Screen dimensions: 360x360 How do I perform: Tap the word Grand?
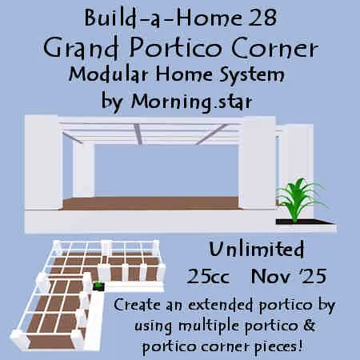(81, 48)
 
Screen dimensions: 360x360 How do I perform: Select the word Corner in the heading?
(274, 48)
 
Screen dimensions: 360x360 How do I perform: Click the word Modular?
(108, 74)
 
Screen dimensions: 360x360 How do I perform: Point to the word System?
(251, 75)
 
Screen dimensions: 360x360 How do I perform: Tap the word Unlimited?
(257, 249)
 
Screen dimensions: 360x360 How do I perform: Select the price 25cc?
(208, 276)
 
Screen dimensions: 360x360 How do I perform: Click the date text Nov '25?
(289, 276)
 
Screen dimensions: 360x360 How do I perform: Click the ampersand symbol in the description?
(309, 325)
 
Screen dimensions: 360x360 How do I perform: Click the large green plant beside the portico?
(301, 198)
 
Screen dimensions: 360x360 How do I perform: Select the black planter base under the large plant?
(304, 222)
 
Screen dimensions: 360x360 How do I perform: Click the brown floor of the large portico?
(150, 203)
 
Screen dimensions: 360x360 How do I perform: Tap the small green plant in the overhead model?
(98, 286)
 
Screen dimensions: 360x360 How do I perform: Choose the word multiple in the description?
(210, 326)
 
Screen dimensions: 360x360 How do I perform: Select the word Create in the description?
(137, 304)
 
